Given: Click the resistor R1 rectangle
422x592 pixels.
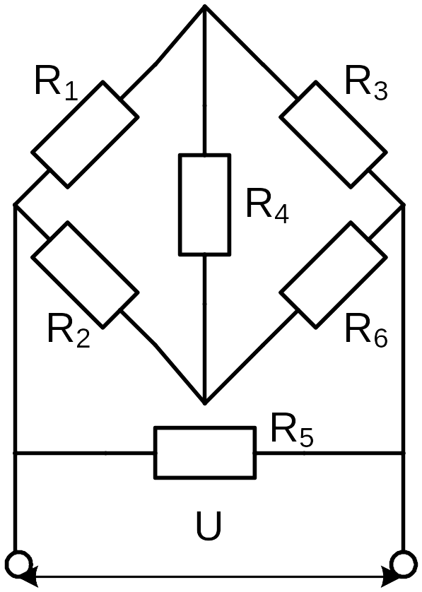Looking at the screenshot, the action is click(x=85, y=134).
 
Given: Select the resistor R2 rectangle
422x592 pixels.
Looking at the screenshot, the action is click(x=85, y=275).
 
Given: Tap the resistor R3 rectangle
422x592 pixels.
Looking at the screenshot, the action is click(x=333, y=134).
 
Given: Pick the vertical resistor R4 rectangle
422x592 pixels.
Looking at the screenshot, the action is click(x=204, y=205).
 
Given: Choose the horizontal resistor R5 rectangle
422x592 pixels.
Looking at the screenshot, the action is click(x=205, y=453).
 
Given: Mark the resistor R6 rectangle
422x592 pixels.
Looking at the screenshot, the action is click(x=333, y=275).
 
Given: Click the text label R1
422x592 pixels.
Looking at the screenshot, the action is click(x=56, y=83).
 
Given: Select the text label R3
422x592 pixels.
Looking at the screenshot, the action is click(x=366, y=83).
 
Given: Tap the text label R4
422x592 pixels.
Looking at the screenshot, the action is click(x=267, y=206).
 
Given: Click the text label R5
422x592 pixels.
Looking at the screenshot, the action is click(x=292, y=430).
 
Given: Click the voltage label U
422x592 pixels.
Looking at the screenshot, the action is click(x=209, y=526).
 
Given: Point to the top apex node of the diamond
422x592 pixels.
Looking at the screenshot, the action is click(x=204, y=6).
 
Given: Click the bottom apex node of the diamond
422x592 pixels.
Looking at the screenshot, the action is click(x=204, y=403).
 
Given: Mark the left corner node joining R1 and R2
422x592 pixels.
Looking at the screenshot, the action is click(x=15, y=205).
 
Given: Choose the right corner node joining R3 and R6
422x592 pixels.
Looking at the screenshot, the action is click(x=404, y=205).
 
